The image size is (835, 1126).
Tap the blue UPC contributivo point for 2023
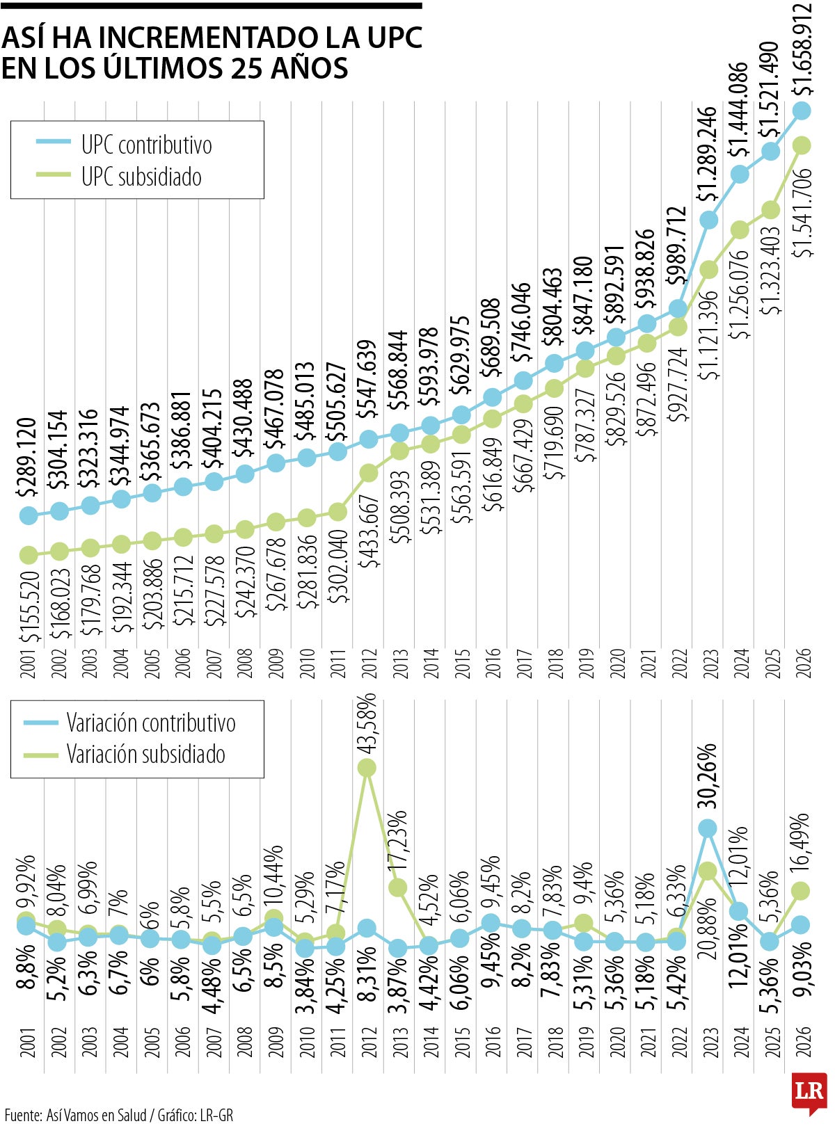click(x=709, y=220)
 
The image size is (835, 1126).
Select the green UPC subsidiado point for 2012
click(x=369, y=473)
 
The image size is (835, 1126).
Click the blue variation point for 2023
click(x=708, y=828)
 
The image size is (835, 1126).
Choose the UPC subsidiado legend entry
click(x=141, y=177)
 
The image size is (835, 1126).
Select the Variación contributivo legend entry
click(x=150, y=723)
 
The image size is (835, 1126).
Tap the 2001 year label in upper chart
click(x=28, y=664)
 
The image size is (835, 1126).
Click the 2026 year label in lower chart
click(x=803, y=1041)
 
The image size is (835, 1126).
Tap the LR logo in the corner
click(x=809, y=1093)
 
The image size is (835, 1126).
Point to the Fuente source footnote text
click(x=118, y=1116)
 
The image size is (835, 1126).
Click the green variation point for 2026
click(x=801, y=890)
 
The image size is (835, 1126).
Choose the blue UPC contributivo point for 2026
click(x=802, y=110)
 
